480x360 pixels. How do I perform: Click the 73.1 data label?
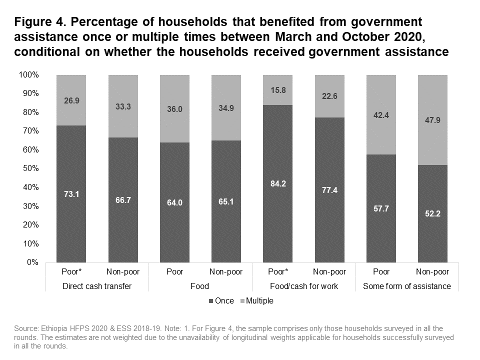(71, 194)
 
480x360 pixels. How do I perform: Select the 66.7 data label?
(123, 200)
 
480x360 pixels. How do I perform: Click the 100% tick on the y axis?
(28, 75)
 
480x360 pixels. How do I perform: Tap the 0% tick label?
(32, 262)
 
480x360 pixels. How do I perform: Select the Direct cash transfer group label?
(97, 286)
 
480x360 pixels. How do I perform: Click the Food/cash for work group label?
(303, 286)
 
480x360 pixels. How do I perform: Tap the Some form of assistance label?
(406, 286)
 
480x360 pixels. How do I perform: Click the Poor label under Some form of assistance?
(381, 272)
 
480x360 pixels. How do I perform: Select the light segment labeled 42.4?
(381, 114)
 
